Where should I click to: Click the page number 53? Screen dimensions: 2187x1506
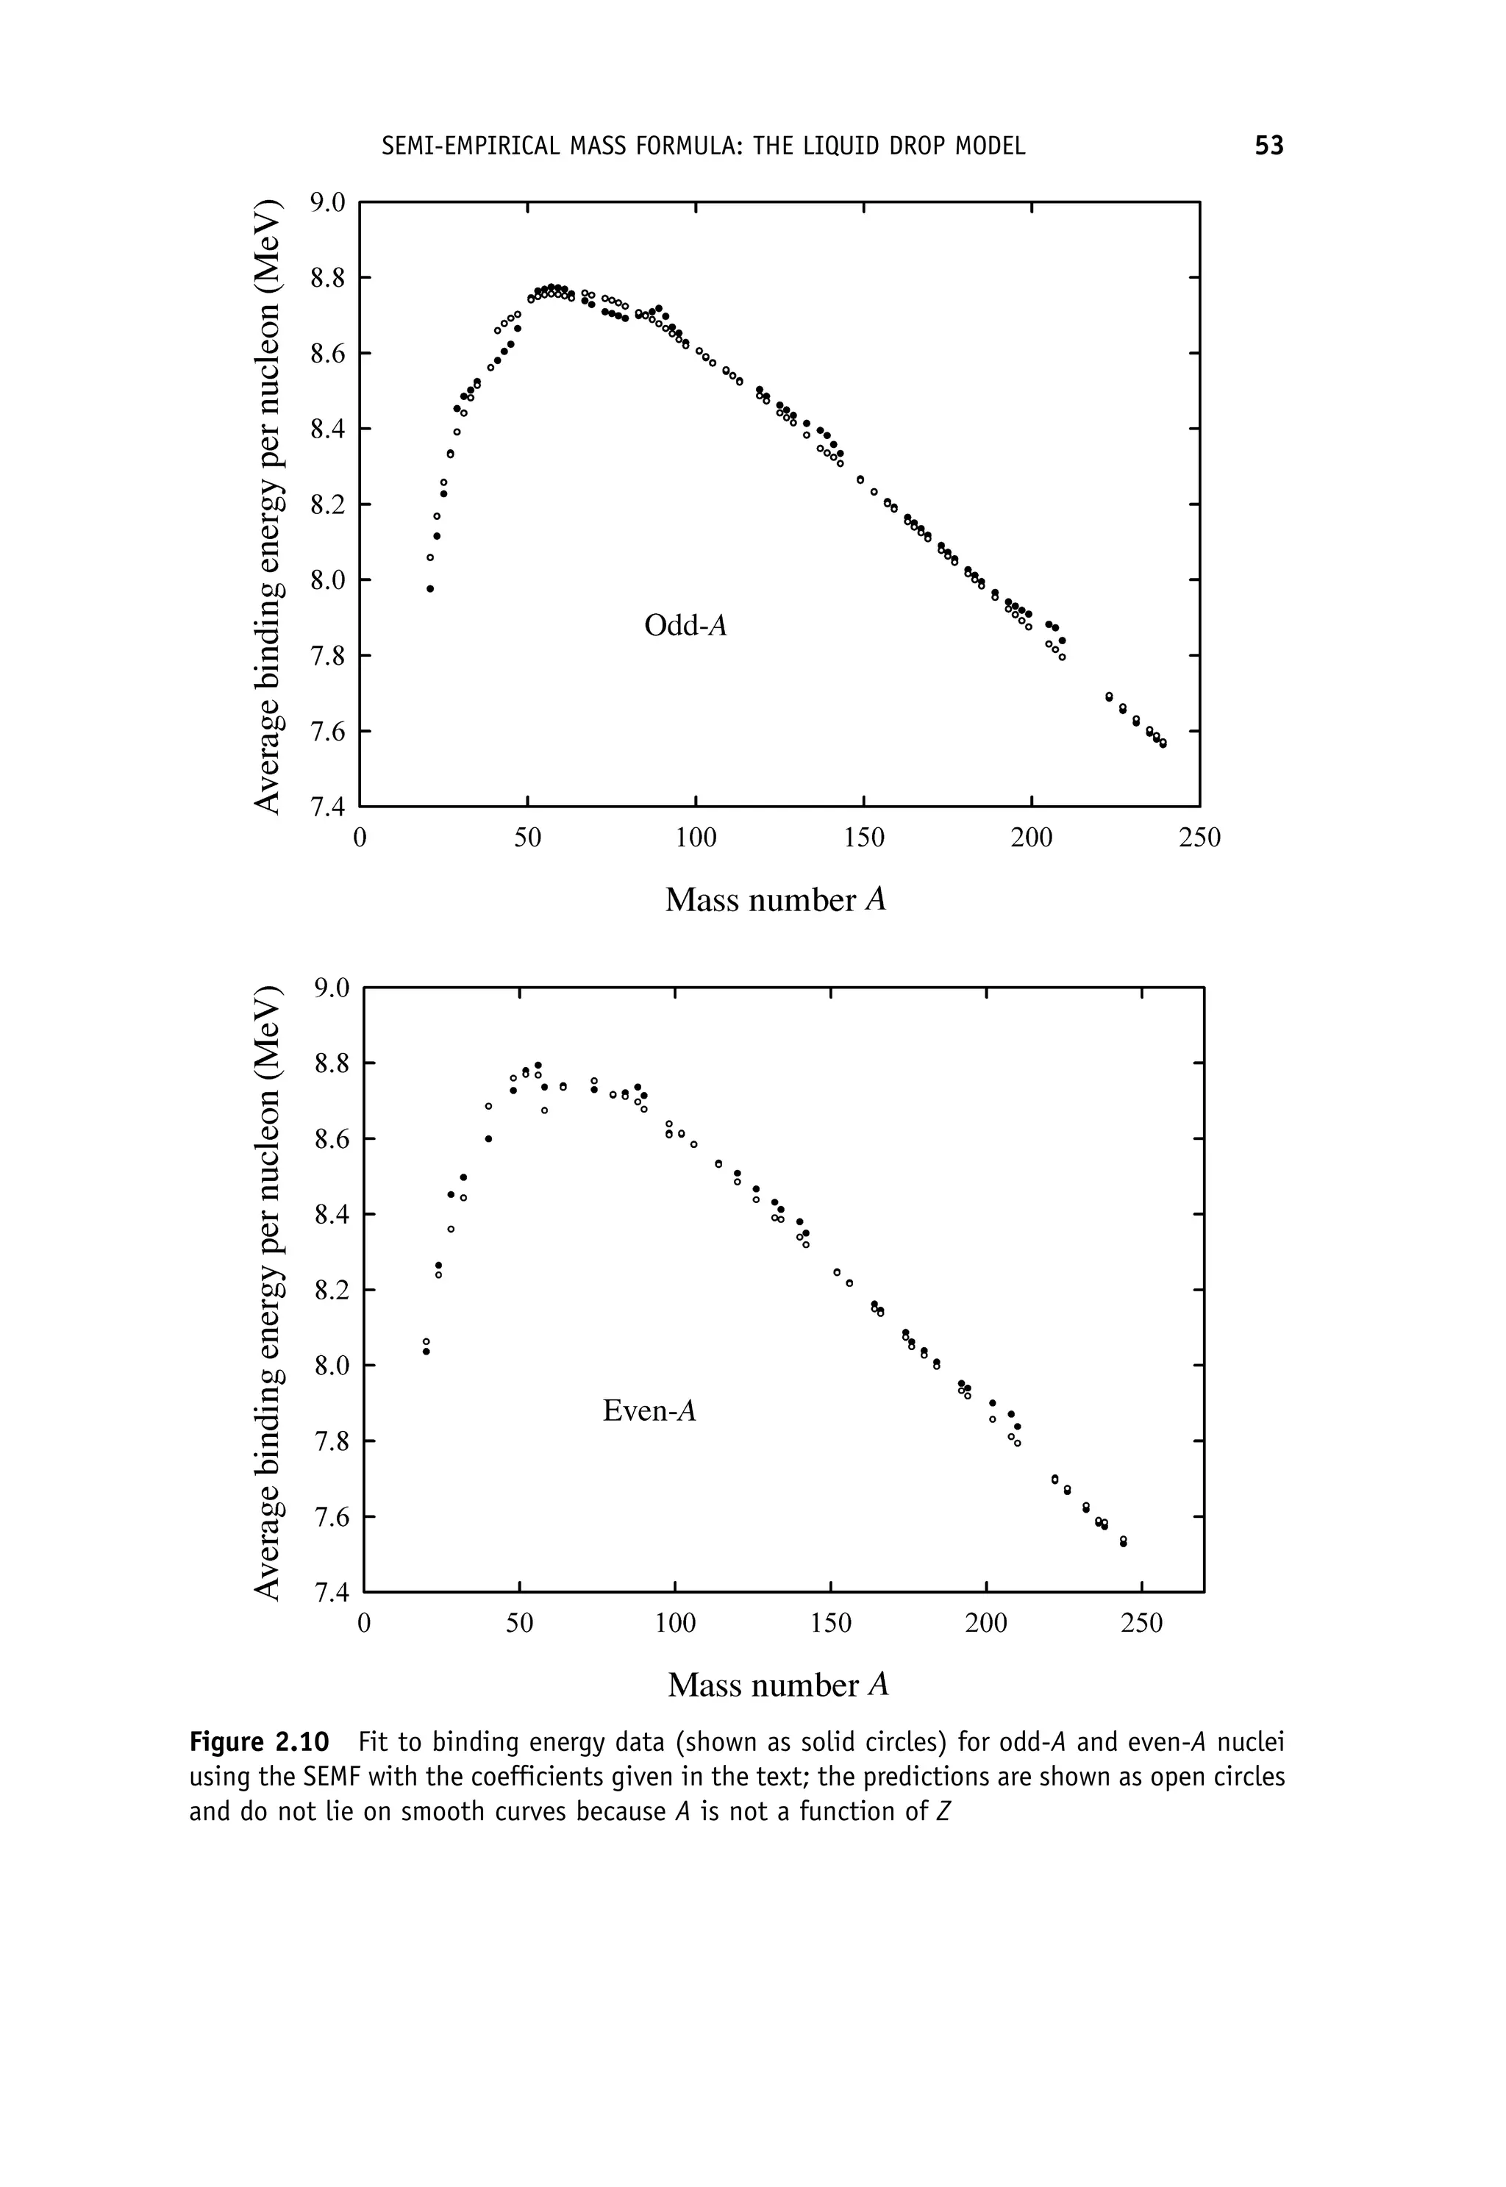tap(1268, 146)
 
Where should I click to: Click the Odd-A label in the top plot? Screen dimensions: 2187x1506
tap(686, 626)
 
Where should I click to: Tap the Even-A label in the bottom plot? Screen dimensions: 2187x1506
tap(649, 1410)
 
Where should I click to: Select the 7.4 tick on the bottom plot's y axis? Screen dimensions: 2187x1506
tap(331, 1594)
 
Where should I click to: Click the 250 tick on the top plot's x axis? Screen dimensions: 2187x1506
tap(1199, 838)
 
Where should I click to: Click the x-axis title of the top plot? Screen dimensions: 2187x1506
tap(776, 900)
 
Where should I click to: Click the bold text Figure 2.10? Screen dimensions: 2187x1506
tap(260, 1741)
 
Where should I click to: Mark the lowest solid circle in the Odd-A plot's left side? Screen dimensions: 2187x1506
tap(430, 589)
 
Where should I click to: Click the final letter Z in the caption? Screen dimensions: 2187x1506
tap(943, 1813)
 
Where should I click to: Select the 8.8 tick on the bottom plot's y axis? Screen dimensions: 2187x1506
tap(331, 1064)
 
